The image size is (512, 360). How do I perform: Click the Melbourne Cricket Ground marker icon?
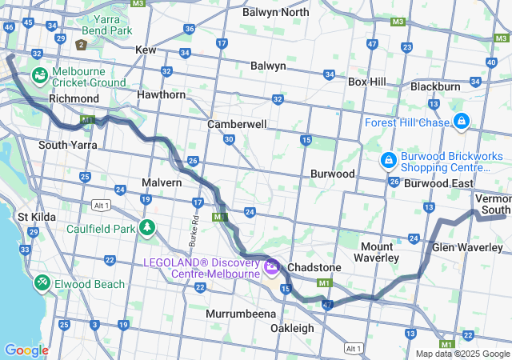click(39, 75)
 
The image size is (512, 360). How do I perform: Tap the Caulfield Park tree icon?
click(146, 228)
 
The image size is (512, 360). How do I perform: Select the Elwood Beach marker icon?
click(42, 283)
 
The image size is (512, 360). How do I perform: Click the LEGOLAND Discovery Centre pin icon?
click(271, 266)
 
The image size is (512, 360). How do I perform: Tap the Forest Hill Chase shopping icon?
click(462, 122)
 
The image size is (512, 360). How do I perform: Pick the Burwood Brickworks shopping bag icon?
click(387, 161)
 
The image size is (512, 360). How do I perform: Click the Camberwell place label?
click(237, 125)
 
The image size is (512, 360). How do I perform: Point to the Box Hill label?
click(366, 82)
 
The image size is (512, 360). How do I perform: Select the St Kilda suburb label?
click(35, 217)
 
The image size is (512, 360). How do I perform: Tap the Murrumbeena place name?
click(241, 314)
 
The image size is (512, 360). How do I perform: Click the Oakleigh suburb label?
click(291, 329)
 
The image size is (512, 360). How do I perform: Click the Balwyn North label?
click(275, 12)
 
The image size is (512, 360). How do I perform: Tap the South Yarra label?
click(68, 145)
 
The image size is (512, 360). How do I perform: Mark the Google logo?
click(26, 350)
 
